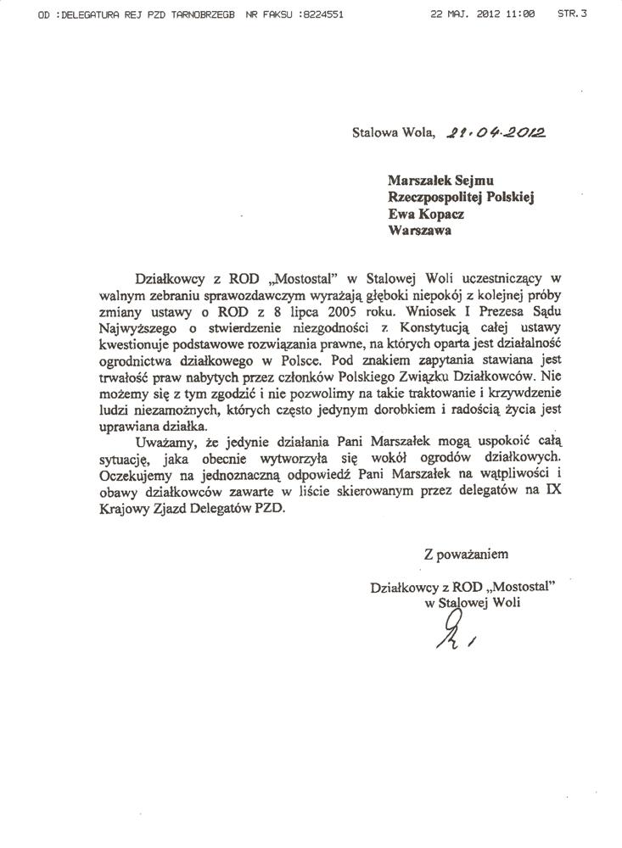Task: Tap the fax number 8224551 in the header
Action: point(322,16)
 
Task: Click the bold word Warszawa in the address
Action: point(419,229)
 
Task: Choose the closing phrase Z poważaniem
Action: point(466,555)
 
